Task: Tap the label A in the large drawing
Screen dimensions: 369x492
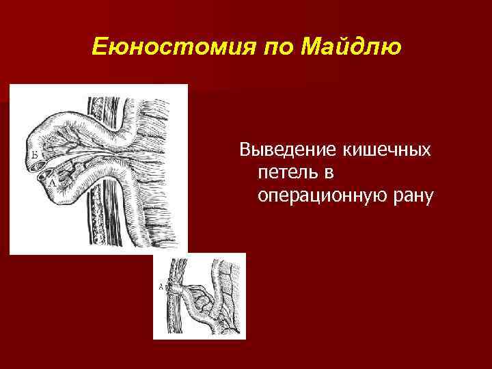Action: (x=45, y=182)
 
